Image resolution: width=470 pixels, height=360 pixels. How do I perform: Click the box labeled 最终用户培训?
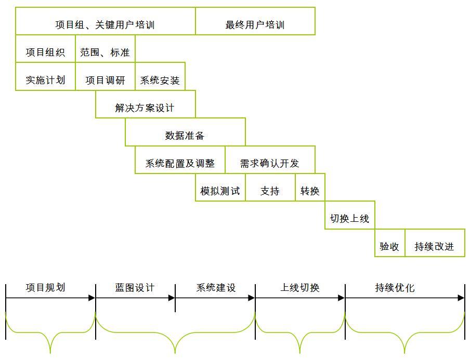pos(255,21)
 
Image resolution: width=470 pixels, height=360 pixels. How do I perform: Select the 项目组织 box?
pos(45,48)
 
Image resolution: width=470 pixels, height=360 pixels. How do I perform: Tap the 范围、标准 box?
pos(105,48)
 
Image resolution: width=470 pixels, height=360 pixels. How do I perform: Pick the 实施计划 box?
pos(45,76)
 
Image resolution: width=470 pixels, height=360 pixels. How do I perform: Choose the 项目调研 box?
pos(105,76)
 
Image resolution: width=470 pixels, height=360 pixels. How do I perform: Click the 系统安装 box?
pos(160,76)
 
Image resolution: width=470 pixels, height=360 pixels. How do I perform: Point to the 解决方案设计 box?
pos(146,104)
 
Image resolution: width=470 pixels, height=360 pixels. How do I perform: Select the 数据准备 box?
pos(185,132)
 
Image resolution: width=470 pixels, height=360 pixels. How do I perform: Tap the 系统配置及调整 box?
pos(180,159)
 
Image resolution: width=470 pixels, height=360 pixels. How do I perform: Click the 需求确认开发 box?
pos(270,159)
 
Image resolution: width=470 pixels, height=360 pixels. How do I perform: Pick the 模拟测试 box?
pos(220,188)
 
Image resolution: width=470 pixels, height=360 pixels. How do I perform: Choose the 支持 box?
pos(270,188)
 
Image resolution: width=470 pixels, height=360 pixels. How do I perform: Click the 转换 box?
pos(310,188)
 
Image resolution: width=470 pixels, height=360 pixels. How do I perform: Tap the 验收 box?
pos(390,243)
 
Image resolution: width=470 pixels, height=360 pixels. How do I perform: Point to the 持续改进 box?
pos(435,243)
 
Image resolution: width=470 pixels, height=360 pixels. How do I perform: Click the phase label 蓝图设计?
pos(135,287)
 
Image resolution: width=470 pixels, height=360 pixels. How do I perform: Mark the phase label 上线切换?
pos(300,287)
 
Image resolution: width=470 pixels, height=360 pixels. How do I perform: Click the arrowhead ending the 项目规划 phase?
pos(92,298)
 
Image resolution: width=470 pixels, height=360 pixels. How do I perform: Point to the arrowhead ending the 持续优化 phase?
pos(461,298)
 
